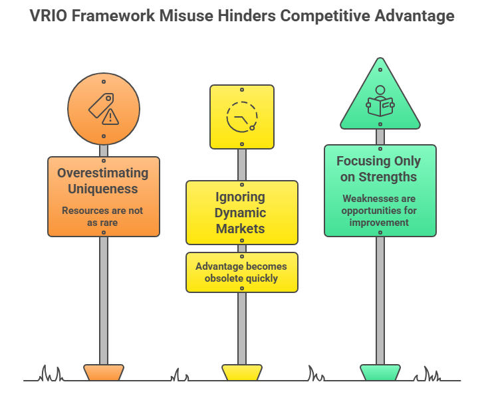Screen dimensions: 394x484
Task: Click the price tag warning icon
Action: (103, 108)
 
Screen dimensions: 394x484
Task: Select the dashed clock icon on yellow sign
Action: (241, 117)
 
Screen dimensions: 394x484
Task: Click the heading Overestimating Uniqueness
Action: (103, 181)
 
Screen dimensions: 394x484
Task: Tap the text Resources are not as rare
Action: (103, 217)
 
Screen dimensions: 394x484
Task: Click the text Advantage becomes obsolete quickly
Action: (241, 272)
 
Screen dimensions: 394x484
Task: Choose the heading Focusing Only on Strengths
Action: (379, 169)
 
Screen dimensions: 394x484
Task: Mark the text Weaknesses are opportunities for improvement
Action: (380, 210)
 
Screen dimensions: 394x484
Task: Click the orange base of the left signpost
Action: (103, 372)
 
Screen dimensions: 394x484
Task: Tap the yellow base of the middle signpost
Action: (241, 372)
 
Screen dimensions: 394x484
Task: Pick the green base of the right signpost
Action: (380, 372)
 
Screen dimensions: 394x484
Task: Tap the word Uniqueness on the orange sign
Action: (103, 189)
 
